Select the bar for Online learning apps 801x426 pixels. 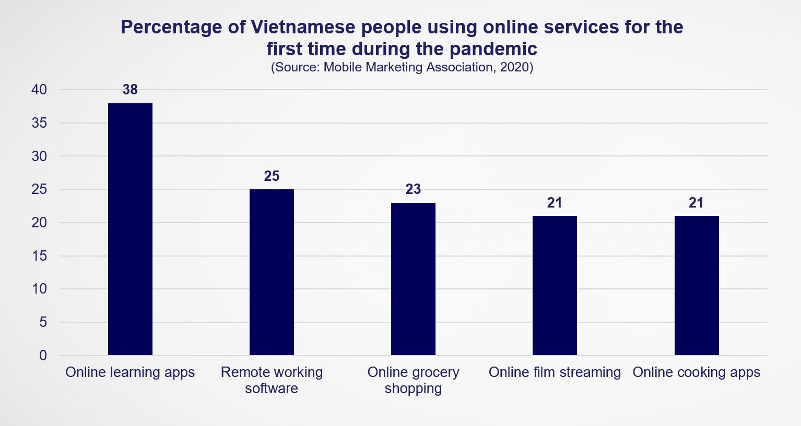click(x=130, y=229)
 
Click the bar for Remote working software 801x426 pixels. click(x=272, y=272)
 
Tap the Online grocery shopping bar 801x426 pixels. click(x=413, y=279)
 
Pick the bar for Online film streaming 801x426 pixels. click(x=555, y=286)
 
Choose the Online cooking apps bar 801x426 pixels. click(x=697, y=286)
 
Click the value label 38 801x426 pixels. click(x=130, y=90)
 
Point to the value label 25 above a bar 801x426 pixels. click(x=272, y=176)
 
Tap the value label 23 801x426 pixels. click(x=413, y=189)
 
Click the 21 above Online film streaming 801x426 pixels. click(x=555, y=203)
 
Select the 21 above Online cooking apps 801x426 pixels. click(x=696, y=203)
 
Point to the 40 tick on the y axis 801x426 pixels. click(x=39, y=90)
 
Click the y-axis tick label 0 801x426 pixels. click(x=43, y=356)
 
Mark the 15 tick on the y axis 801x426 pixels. click(x=39, y=256)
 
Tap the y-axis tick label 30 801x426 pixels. click(x=39, y=156)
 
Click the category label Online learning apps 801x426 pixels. click(x=130, y=372)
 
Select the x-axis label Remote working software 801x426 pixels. click(x=272, y=380)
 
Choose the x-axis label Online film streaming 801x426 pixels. click(x=555, y=372)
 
